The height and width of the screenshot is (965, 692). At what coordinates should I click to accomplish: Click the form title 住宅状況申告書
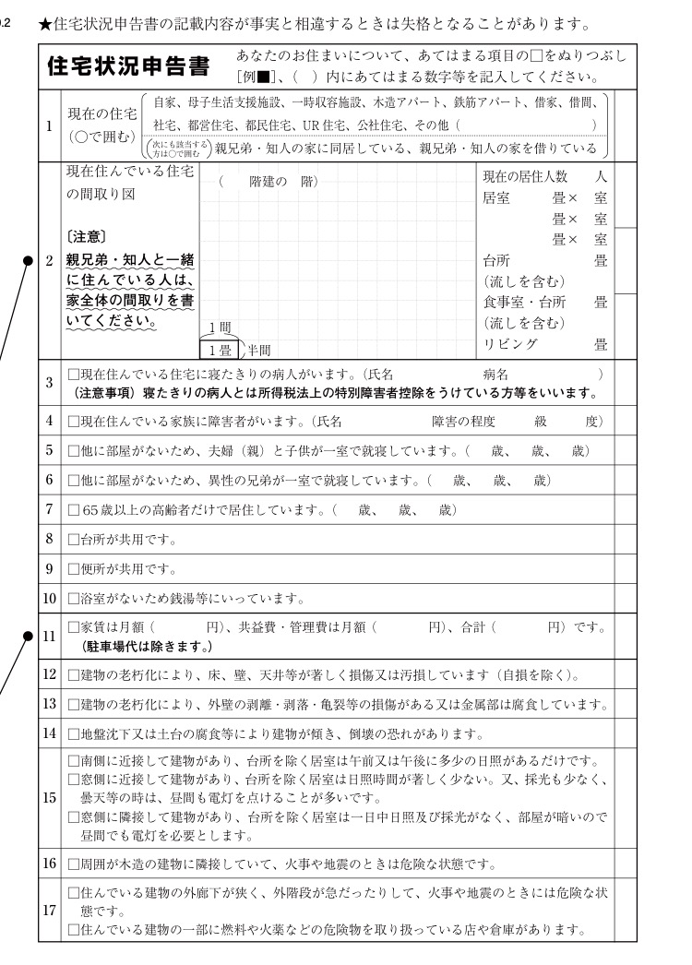tap(130, 66)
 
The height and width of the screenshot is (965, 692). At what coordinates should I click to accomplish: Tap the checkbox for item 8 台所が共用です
tap(74, 539)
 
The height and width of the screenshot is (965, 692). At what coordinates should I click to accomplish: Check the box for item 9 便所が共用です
tap(74, 567)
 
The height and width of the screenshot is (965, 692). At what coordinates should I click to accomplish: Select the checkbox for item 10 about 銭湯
tap(74, 597)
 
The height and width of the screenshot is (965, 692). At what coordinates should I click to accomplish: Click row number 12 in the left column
tap(50, 674)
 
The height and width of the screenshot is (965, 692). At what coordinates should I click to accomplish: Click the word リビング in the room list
tap(511, 344)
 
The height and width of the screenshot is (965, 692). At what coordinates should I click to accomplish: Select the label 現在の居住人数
tap(525, 176)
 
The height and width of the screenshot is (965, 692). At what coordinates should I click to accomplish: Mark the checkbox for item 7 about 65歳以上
tap(74, 509)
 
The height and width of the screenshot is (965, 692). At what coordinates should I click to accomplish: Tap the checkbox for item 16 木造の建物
tap(74, 864)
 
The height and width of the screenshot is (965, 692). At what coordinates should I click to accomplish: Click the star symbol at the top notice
tap(44, 20)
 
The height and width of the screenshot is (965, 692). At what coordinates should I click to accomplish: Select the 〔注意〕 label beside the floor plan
tap(89, 237)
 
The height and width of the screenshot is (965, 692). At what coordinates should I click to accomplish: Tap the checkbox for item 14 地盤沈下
tap(74, 735)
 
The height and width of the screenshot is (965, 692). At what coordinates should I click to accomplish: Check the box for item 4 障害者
tap(74, 422)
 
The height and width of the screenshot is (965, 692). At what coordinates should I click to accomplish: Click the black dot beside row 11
tap(30, 635)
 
